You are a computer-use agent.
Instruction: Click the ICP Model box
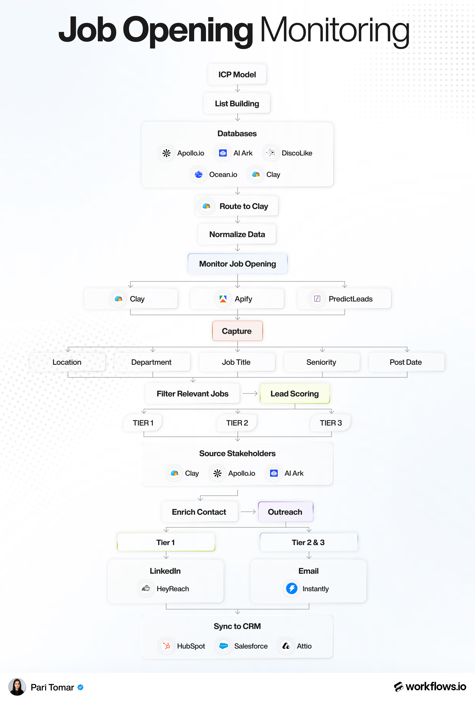coord(237,74)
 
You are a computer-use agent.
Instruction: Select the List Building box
coord(237,104)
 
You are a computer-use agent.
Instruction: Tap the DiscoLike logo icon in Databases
coord(271,153)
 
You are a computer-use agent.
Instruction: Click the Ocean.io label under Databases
coord(223,175)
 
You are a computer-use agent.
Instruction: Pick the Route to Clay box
coord(237,206)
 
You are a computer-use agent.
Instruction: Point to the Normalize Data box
coord(237,234)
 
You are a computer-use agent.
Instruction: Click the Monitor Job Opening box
coord(238,264)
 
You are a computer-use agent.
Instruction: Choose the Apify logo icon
coord(223,299)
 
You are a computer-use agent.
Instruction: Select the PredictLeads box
coord(344,299)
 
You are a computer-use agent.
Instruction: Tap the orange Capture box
coord(237,331)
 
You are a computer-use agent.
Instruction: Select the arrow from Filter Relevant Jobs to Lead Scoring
coord(250,393)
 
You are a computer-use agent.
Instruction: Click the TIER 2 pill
coord(237,423)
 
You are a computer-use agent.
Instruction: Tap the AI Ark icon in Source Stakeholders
coord(274,473)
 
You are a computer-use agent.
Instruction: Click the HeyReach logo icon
coord(146,588)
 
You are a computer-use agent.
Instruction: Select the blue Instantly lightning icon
coord(292,588)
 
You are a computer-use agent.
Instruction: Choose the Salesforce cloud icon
coord(223,646)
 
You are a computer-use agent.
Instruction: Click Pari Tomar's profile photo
coord(17,687)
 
